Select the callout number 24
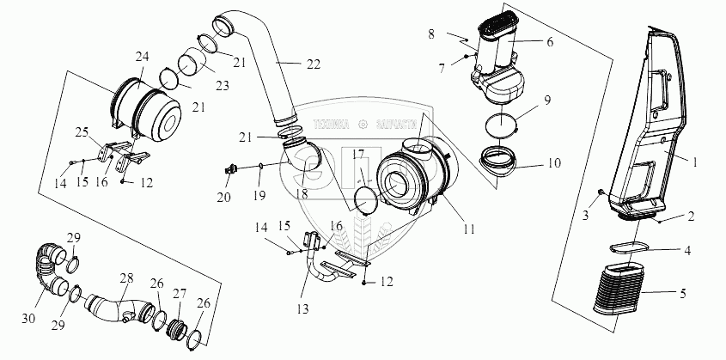[x=141, y=58]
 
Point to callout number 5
[x=683, y=294]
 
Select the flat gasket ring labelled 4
[x=630, y=248]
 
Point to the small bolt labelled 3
[x=601, y=191]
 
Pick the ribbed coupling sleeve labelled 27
[x=178, y=328]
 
